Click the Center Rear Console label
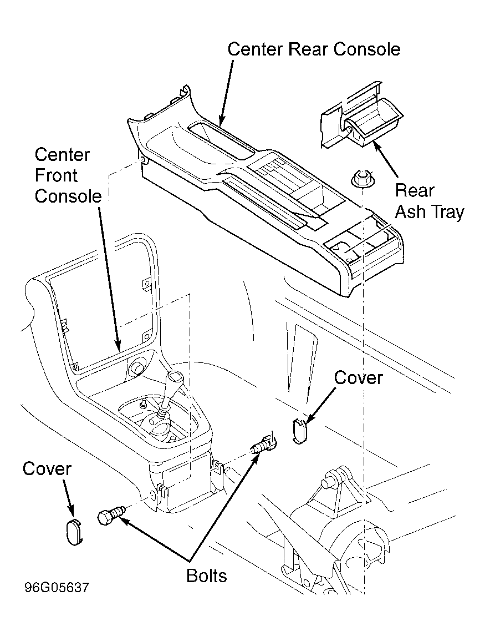pyautogui.click(x=314, y=49)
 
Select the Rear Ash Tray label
pyautogui.click(x=429, y=201)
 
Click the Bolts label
pyautogui.click(x=206, y=576)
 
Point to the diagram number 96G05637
pyautogui.click(x=57, y=588)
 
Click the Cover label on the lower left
pyautogui.click(x=47, y=469)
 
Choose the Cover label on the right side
pyautogui.click(x=358, y=378)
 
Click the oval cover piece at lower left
pyautogui.click(x=75, y=531)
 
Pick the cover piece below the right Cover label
pyautogui.click(x=299, y=430)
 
